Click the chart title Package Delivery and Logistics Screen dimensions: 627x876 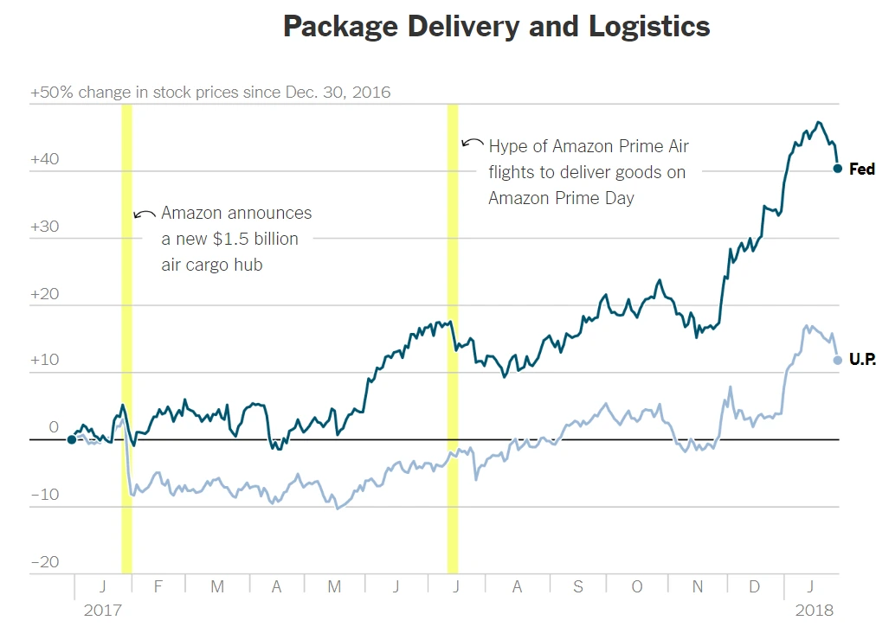click(496, 27)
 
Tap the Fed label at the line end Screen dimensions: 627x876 click(861, 170)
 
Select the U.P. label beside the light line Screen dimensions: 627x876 click(862, 360)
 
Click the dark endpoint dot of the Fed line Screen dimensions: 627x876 click(838, 169)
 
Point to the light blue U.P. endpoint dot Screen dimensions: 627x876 click(838, 360)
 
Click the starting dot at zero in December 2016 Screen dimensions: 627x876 click(71, 439)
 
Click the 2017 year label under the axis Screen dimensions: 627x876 click(102, 610)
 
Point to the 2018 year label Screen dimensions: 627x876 click(815, 610)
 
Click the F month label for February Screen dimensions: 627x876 click(158, 587)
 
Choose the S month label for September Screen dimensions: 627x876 click(577, 587)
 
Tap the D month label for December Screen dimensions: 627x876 click(754, 587)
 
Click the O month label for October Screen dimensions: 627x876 click(637, 587)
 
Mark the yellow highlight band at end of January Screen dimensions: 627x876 click(126, 337)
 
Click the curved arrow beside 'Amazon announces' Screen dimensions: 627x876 click(144, 214)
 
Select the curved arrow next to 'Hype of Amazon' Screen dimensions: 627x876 click(472, 143)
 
